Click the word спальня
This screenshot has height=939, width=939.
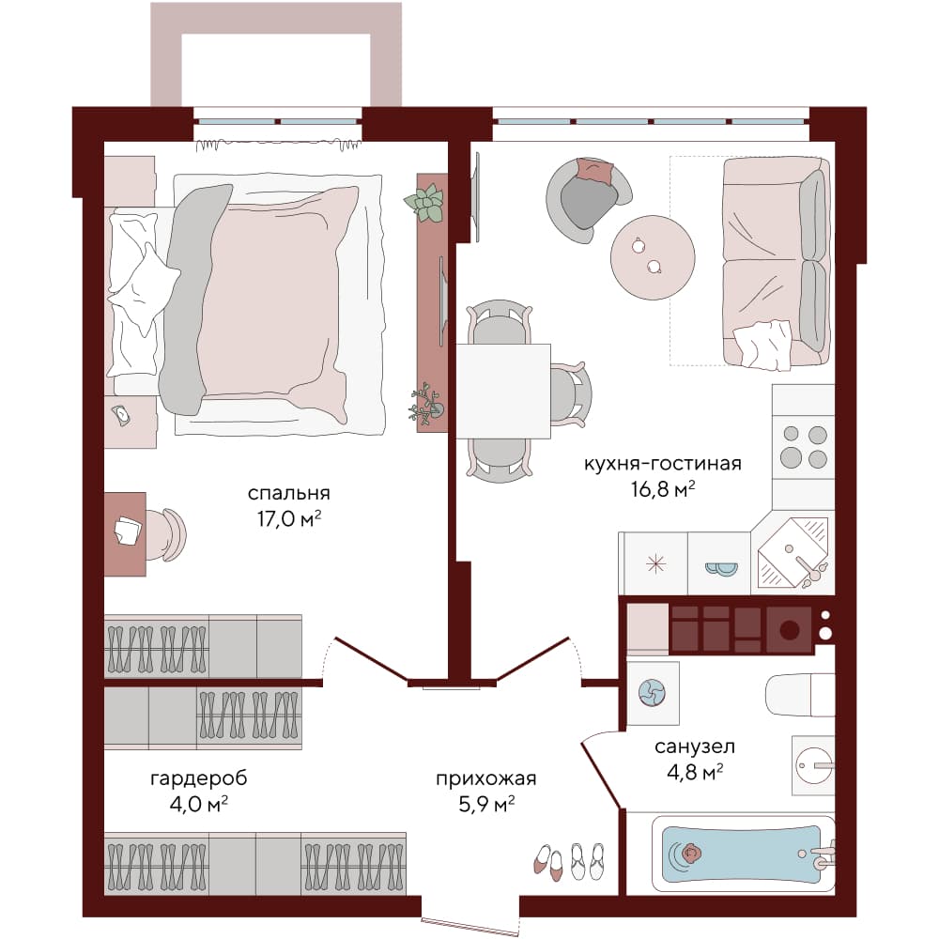[288, 493]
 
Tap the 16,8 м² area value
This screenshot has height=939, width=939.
[662, 489]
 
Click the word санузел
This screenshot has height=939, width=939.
[695, 747]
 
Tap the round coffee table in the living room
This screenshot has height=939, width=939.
[653, 257]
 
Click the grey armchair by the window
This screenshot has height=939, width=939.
[587, 201]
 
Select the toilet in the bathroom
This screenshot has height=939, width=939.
[800, 695]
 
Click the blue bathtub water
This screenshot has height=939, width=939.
[742, 854]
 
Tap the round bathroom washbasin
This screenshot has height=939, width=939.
[813, 765]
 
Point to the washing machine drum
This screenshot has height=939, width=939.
[652, 693]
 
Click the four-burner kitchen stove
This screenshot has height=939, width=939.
[804, 447]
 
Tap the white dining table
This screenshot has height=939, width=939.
[503, 391]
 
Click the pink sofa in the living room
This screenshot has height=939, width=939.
[777, 262]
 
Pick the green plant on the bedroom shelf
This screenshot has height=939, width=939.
[425, 204]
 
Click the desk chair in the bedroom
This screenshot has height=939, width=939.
[166, 535]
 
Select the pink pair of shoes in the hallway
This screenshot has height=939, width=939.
[549, 861]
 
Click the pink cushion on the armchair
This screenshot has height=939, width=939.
[595, 171]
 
